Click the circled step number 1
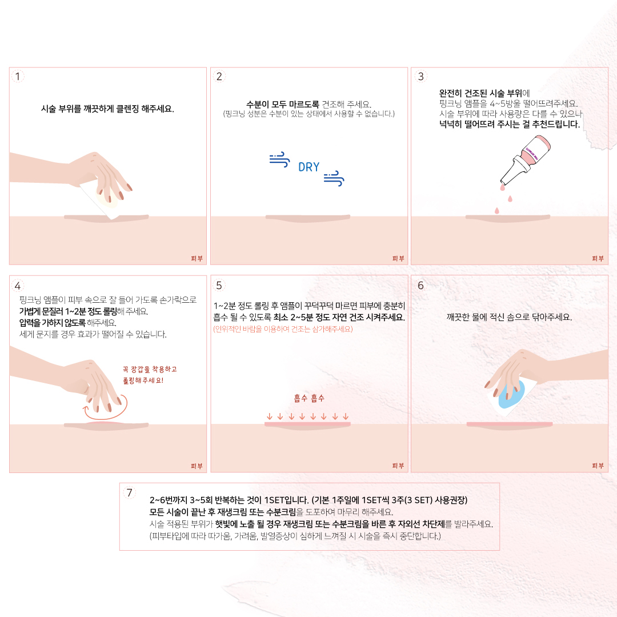pyautogui.click(x=18, y=76)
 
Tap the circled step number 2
pyautogui.click(x=219, y=76)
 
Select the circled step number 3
pyautogui.click(x=420, y=76)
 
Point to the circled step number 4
pyautogui.click(x=18, y=285)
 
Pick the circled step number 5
pyautogui.click(x=219, y=285)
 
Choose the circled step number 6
pyautogui.click(x=420, y=285)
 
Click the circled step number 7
pyautogui.click(x=130, y=492)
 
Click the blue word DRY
pyautogui.click(x=309, y=167)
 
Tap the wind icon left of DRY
pyautogui.click(x=280, y=159)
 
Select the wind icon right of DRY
pyautogui.click(x=334, y=179)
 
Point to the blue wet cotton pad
pyautogui.click(x=512, y=394)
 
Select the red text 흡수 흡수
pyautogui.click(x=309, y=398)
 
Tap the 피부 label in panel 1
pyautogui.click(x=197, y=259)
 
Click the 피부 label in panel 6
pyautogui.click(x=598, y=466)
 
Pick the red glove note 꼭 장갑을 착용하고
pyautogui.click(x=150, y=369)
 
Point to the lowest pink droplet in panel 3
pyautogui.click(x=497, y=211)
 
